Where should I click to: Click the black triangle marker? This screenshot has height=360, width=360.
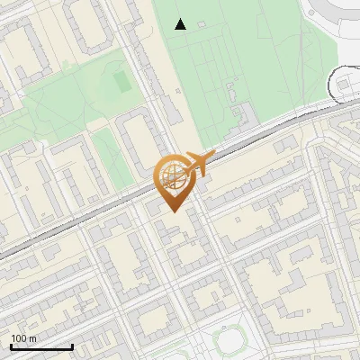(181, 24)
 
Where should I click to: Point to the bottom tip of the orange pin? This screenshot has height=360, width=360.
(172, 211)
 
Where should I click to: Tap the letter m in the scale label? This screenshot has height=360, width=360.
(33, 338)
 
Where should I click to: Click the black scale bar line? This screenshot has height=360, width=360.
(41, 347)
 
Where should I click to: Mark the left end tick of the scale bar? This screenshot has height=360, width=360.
(11, 346)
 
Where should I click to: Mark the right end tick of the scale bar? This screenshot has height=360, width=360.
(72, 346)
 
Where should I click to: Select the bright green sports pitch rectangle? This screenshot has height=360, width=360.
(121, 82)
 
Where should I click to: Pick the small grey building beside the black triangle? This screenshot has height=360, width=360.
(201, 23)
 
